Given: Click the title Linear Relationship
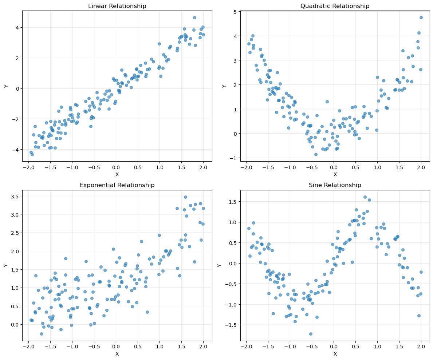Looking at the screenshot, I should pyautogui.click(x=117, y=6).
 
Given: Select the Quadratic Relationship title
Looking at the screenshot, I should pyautogui.click(x=335, y=6).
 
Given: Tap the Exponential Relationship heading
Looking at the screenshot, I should pyautogui.click(x=117, y=185).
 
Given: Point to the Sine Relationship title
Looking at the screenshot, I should pyautogui.click(x=335, y=185).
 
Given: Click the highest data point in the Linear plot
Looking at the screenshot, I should pyautogui.click(x=194, y=17).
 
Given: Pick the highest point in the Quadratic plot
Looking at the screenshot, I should pyautogui.click(x=421, y=17).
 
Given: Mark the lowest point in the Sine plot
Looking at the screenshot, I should pyautogui.click(x=311, y=334).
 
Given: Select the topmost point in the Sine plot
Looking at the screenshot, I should pyautogui.click(x=365, y=197).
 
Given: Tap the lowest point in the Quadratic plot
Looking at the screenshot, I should pyautogui.click(x=316, y=154).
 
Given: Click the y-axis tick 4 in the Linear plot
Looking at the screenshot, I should pyautogui.click(x=16, y=28).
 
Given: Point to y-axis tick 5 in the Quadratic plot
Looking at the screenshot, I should pyautogui.click(x=235, y=12).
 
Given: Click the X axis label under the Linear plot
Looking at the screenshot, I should pyautogui.click(x=117, y=174).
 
